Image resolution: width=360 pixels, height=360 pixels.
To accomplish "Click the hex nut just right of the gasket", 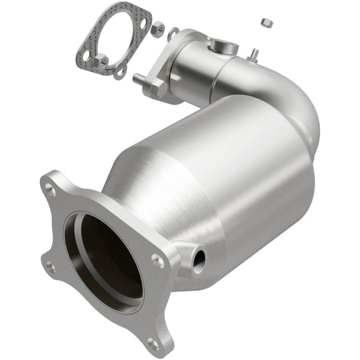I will [157, 30].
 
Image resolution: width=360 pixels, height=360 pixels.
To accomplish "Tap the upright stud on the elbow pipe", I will [254, 54].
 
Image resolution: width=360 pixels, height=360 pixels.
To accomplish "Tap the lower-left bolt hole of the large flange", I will [51, 268].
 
